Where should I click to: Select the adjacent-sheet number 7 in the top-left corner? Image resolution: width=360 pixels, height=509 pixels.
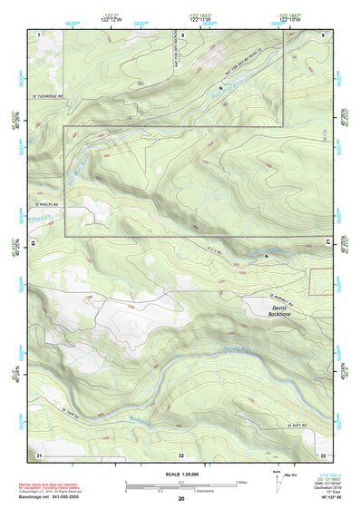[x=39, y=34]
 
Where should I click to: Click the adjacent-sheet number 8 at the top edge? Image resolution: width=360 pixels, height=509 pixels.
[x=181, y=34]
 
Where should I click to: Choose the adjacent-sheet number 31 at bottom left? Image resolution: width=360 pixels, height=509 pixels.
[x=38, y=454]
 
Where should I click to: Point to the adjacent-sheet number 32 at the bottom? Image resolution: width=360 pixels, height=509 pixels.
[x=181, y=454]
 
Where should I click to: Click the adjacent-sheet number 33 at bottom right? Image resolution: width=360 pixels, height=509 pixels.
[x=322, y=454]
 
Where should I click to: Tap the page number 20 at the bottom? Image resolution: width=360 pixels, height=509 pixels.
[x=181, y=499]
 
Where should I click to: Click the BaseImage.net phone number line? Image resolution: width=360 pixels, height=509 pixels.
[x=53, y=498]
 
